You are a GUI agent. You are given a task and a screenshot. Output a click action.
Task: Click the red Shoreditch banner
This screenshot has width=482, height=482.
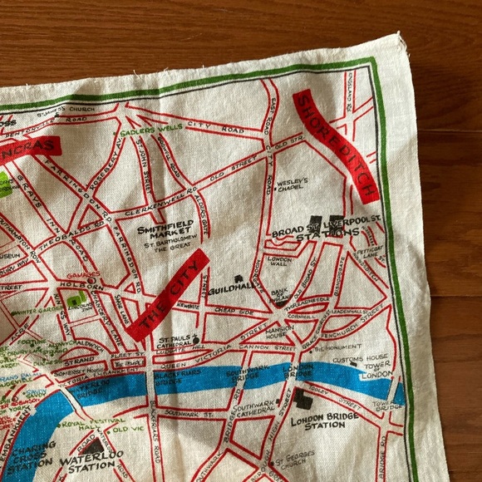point(337,145)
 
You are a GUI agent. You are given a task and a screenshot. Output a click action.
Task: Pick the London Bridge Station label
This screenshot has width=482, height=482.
point(318,420)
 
